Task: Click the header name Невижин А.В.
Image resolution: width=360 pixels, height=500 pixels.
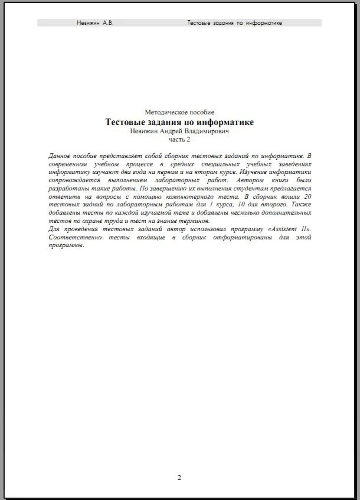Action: (x=95, y=23)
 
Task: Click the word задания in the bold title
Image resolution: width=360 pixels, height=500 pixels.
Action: (x=167, y=122)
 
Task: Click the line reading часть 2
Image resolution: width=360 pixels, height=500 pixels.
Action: (x=179, y=140)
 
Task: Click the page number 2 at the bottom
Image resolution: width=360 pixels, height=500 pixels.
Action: (x=179, y=478)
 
